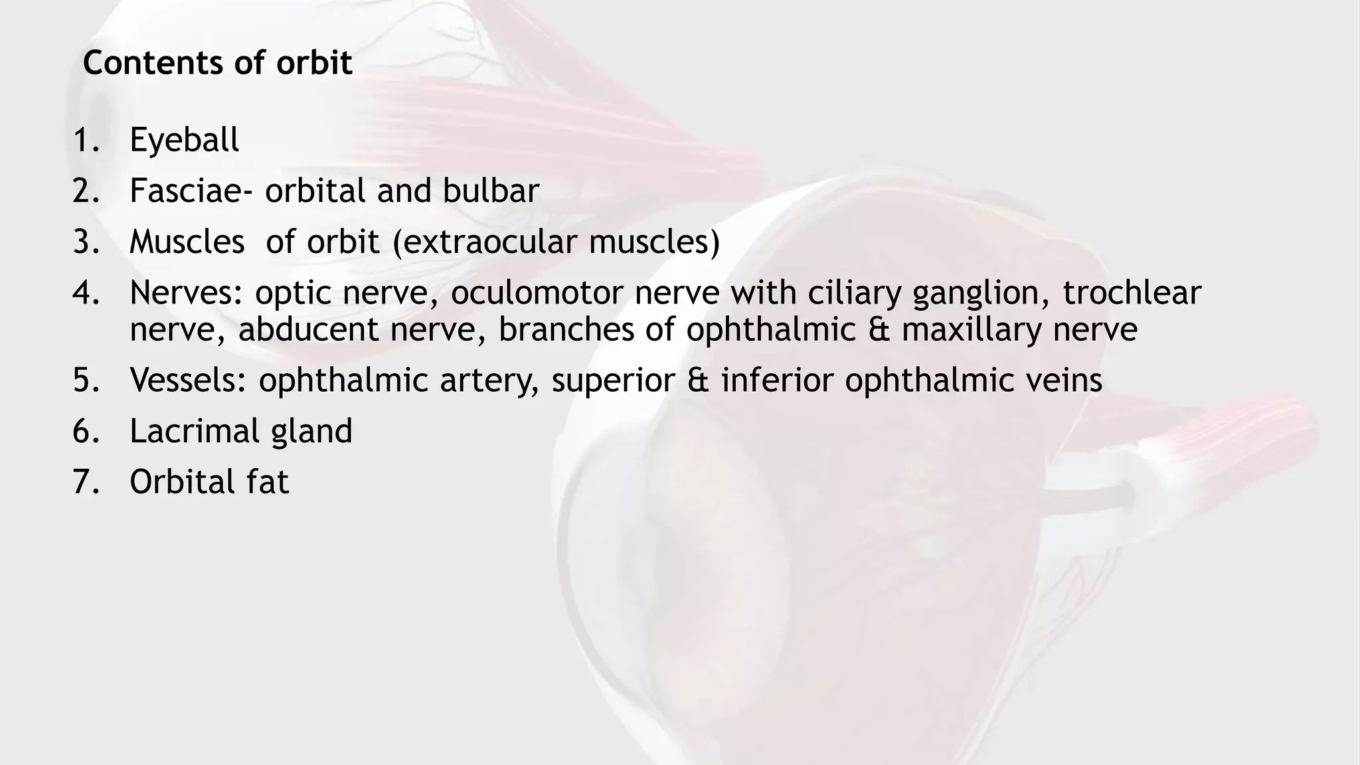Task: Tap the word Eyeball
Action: [184, 140]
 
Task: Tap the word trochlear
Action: [1132, 293]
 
